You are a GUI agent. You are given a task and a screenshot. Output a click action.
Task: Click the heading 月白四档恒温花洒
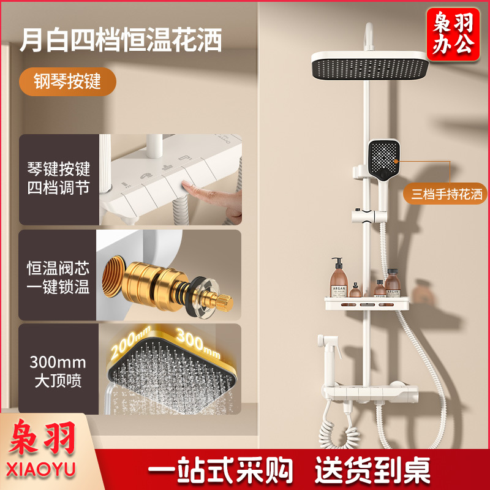pos(121,40)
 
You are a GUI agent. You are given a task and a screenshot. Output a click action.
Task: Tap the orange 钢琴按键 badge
pos(67,81)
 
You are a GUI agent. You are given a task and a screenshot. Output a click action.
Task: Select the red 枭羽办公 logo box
pos(453,34)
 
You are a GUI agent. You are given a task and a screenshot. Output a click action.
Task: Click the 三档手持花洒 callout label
pos(447,194)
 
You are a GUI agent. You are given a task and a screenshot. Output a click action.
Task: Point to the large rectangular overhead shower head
pos(370,66)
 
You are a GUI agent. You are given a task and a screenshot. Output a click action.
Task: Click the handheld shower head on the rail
pos(383,165)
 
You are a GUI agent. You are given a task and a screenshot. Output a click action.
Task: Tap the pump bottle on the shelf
pos(339,278)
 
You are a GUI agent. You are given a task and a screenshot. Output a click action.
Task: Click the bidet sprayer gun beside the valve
pos(330,353)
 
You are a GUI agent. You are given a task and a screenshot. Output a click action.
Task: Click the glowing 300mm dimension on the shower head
pos(197,343)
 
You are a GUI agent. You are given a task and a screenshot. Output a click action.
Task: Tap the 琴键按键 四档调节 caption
pos(58,178)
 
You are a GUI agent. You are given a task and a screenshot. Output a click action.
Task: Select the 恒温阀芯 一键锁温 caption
pos(58,277)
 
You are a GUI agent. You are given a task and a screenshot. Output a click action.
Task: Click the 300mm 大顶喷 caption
pos(58,371)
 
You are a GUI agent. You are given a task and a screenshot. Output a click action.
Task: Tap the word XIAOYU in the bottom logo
pos(40,470)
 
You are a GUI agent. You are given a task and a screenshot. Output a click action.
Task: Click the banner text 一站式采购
pos(220,470)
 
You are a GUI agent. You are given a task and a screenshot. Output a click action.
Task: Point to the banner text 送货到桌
pos(372,470)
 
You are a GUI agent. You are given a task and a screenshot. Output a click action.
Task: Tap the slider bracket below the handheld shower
pos(369,216)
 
